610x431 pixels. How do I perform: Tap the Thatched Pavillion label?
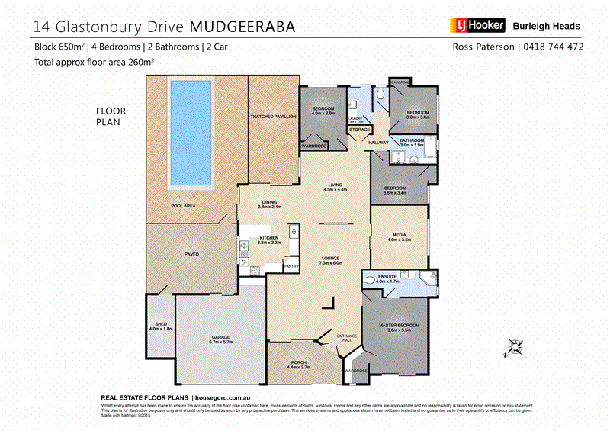[x=272, y=115]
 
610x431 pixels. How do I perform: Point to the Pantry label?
[x=291, y=266]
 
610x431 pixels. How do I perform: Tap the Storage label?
[x=359, y=130]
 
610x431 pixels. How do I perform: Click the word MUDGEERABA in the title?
[x=242, y=27]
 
